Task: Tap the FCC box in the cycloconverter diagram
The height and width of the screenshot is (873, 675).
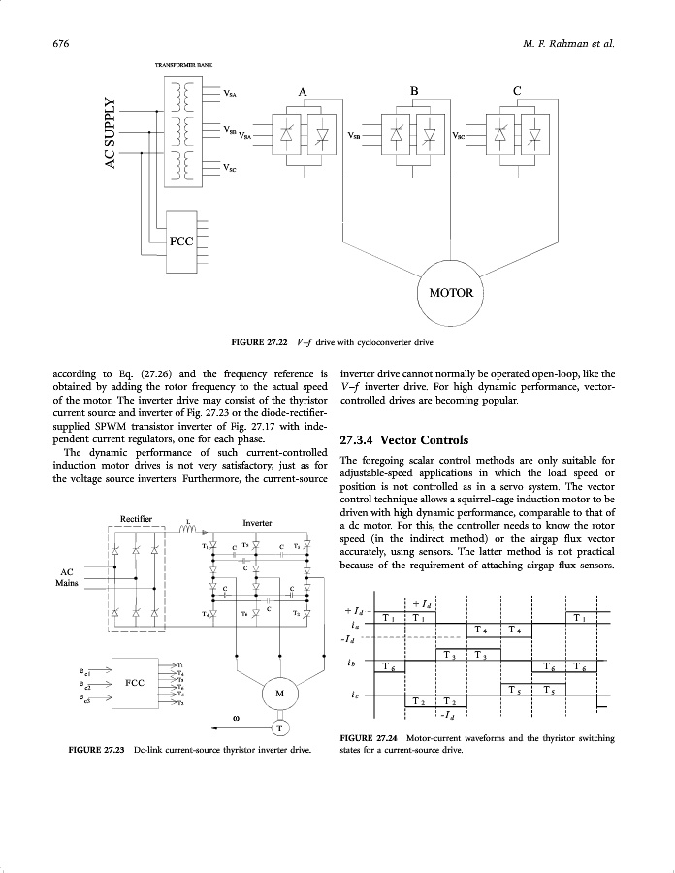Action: point(180,242)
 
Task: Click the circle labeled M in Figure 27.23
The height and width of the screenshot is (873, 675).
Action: point(279,694)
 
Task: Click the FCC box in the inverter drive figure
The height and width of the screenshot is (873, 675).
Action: point(136,683)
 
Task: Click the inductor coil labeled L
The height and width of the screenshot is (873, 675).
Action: point(189,530)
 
